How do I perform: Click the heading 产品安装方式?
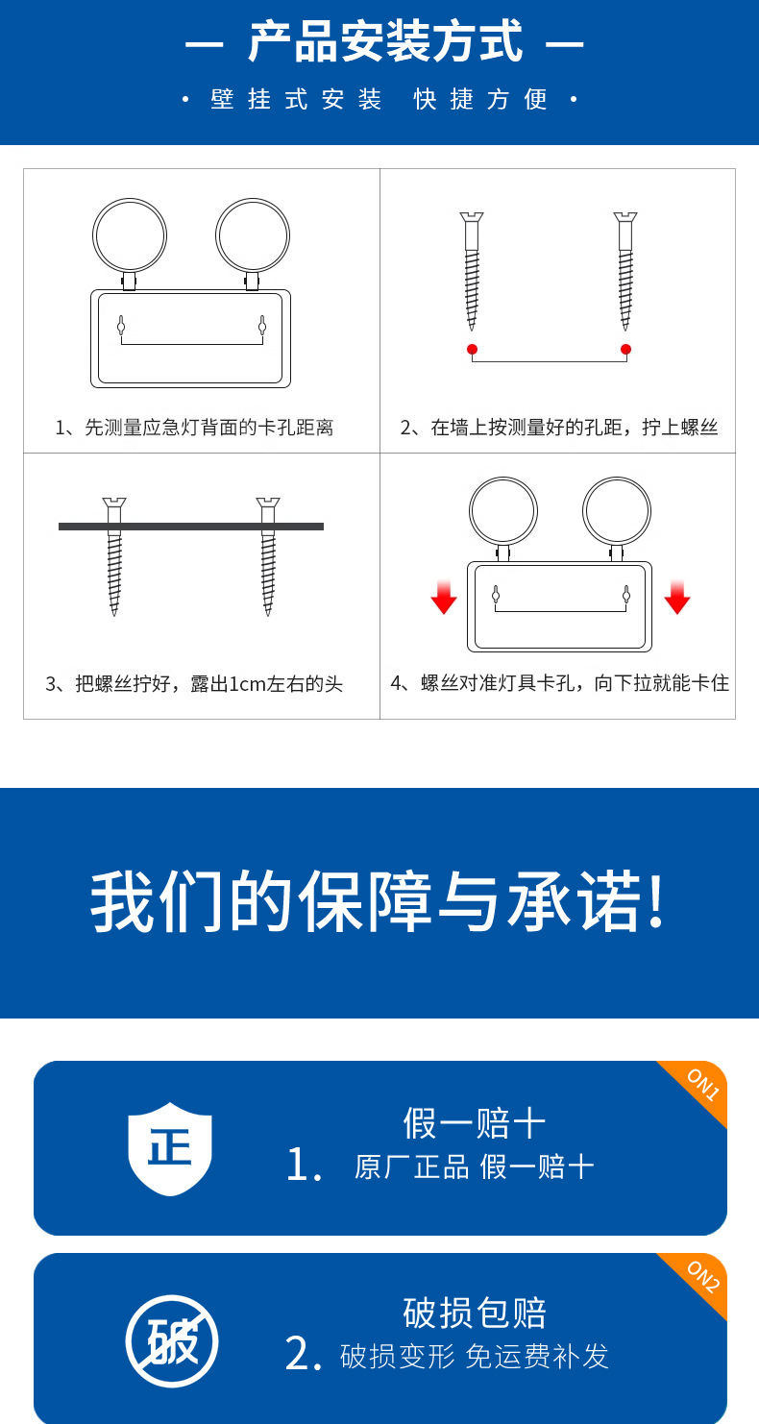pos(384,43)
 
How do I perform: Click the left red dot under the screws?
pos(472,349)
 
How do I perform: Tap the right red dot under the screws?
pos(625,349)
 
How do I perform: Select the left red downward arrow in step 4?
pos(443,597)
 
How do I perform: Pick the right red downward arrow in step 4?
pos(676,597)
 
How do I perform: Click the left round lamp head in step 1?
pos(130,235)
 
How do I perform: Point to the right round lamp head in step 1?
pos(253,235)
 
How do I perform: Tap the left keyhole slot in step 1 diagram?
pos(121,326)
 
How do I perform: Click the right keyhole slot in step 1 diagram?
pos(261,326)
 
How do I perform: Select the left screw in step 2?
pos(471,270)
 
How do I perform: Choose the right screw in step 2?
pos(625,270)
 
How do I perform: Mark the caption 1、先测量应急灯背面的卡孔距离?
pos(194,428)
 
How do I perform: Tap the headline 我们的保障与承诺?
pos(379,903)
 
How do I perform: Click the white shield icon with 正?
pos(170,1148)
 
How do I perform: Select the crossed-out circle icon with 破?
pos(172,1341)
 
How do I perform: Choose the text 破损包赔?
pos(475,1313)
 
